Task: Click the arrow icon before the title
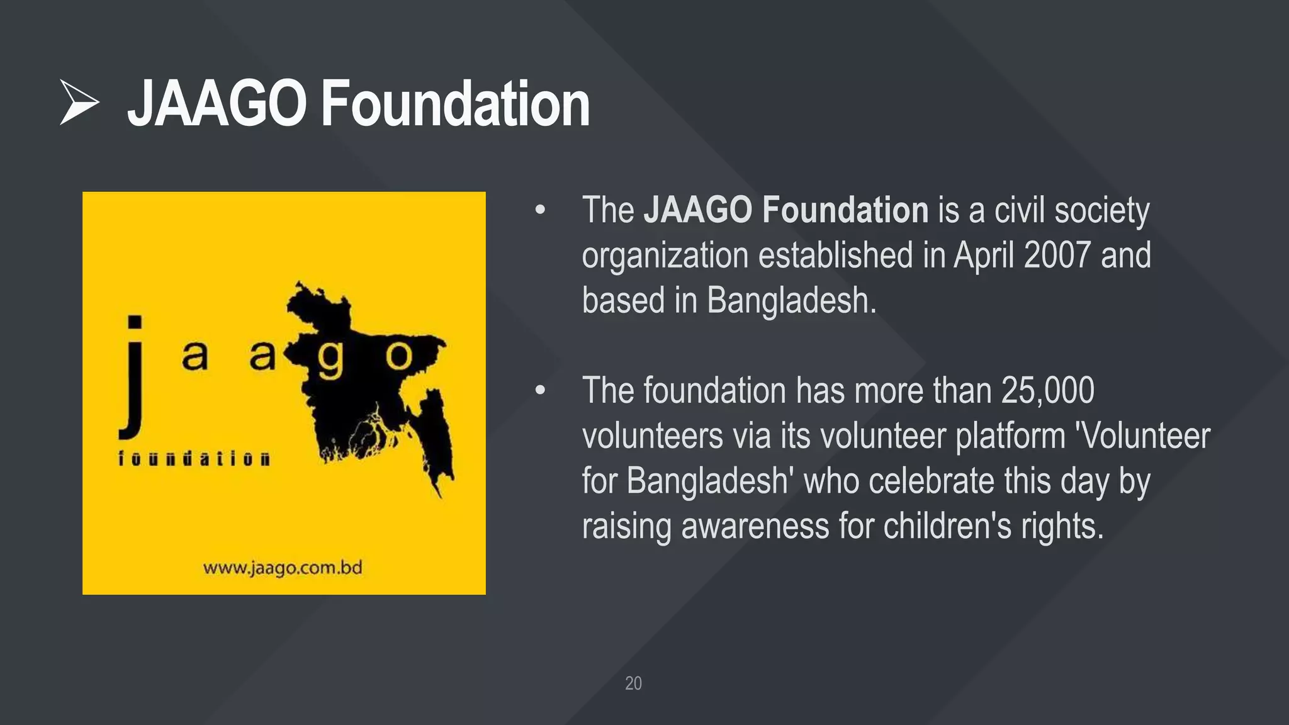79,102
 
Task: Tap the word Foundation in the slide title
456,104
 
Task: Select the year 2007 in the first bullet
1057,255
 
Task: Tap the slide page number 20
633,683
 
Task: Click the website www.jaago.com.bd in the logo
283,568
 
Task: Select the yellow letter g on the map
330,359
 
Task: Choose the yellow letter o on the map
398,356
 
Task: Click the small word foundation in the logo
194,458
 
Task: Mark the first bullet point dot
540,210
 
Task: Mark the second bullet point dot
540,391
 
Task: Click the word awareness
755,526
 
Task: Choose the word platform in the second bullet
1010,436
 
